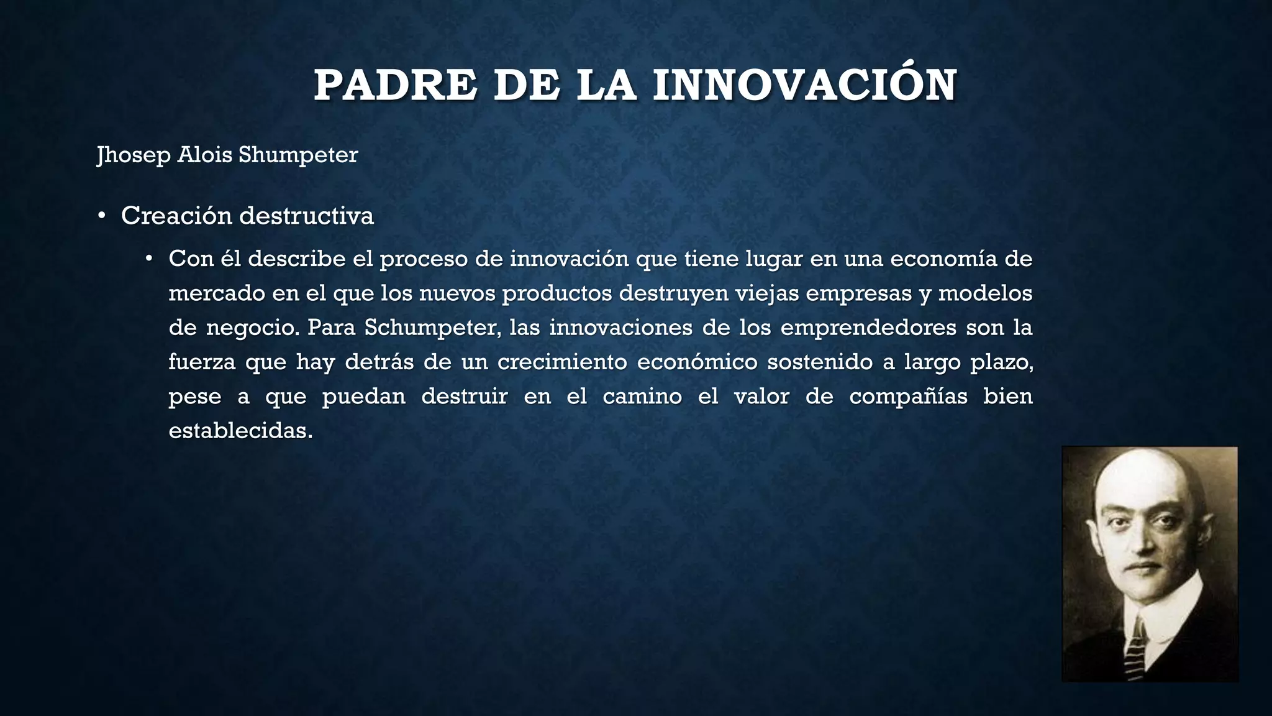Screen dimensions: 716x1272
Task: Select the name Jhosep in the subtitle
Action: tap(134, 155)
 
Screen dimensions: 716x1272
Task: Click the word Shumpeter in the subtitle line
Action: tap(298, 155)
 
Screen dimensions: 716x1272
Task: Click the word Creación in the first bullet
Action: tap(176, 216)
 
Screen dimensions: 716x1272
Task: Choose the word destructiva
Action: tap(307, 216)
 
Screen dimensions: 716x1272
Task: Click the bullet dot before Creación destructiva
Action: tap(101, 216)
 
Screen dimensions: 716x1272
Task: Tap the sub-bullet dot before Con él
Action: tap(148, 259)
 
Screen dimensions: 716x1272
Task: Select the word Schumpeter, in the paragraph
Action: tap(432, 328)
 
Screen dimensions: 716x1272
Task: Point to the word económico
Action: tap(697, 362)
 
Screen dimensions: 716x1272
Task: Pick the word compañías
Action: tap(908, 397)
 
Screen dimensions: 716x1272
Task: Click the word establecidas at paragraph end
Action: tap(240, 431)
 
